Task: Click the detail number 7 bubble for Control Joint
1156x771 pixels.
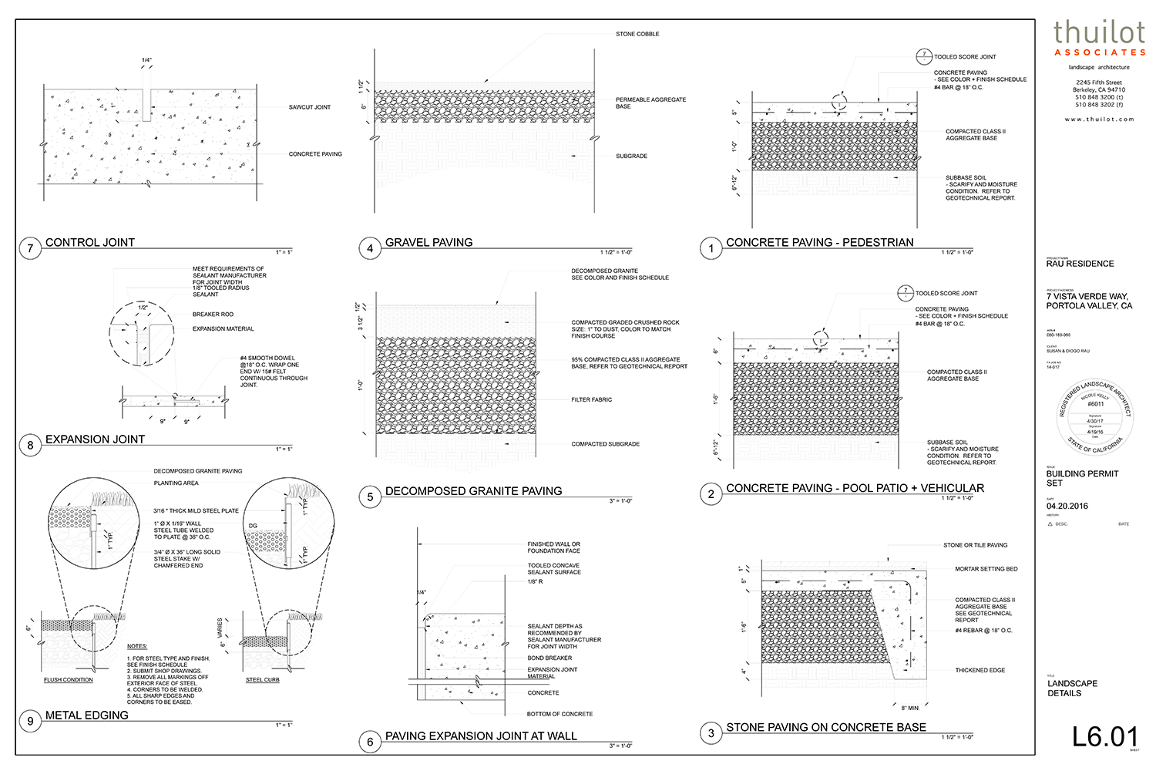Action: (x=30, y=248)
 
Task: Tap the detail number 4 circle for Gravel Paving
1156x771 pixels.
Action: (x=370, y=248)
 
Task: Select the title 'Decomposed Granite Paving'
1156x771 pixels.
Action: (x=473, y=491)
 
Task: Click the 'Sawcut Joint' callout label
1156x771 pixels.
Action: (x=310, y=107)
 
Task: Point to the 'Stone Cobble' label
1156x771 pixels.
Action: (x=637, y=34)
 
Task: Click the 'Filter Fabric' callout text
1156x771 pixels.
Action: (x=591, y=399)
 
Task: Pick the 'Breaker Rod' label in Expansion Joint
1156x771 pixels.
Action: (x=213, y=315)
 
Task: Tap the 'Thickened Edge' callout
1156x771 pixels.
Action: (x=980, y=670)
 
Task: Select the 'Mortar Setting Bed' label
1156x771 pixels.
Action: (x=986, y=569)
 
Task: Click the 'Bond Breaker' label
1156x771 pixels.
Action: (x=549, y=658)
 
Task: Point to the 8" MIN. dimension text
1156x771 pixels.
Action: (x=910, y=708)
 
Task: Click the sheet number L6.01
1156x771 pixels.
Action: (x=1104, y=736)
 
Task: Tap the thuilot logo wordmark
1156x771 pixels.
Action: (x=1099, y=32)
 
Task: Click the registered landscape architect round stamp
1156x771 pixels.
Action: (x=1094, y=417)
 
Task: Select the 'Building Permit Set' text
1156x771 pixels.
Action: (x=1081, y=478)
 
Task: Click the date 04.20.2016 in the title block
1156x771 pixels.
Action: (x=1067, y=506)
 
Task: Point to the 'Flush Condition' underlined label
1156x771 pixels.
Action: (x=69, y=680)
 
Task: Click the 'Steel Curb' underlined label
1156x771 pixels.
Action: (x=262, y=680)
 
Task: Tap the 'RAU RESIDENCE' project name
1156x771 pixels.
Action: (x=1080, y=264)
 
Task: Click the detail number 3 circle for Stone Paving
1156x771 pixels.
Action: (x=711, y=733)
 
